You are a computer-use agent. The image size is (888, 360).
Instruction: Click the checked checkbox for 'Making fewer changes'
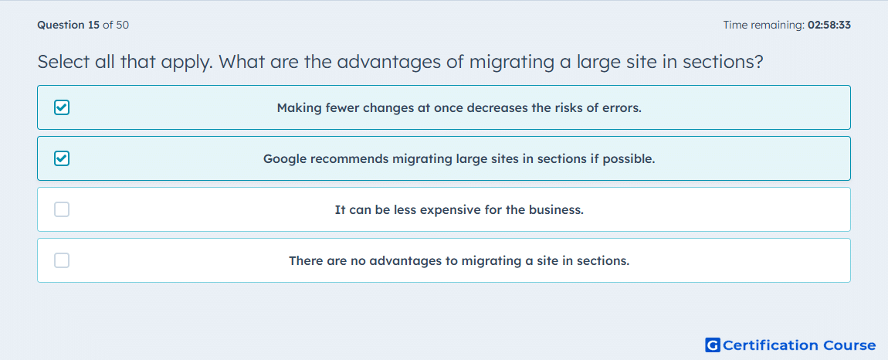[62, 107]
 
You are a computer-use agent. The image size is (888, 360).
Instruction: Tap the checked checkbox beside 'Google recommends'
[62, 158]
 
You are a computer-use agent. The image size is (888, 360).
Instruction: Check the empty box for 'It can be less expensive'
[62, 210]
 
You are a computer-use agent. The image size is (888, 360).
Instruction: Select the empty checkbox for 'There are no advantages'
[62, 261]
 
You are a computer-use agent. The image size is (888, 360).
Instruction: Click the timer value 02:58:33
[829, 25]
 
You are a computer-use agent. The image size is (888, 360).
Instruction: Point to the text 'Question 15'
[68, 25]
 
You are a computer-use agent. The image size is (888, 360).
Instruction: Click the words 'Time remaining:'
[764, 25]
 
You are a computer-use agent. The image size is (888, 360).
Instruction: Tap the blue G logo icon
[713, 345]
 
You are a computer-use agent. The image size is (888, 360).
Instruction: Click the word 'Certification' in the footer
[771, 345]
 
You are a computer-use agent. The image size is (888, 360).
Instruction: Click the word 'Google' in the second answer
[284, 158]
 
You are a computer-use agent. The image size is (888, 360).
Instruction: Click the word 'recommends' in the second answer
[347, 158]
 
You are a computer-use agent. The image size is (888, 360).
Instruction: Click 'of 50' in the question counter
[116, 25]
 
